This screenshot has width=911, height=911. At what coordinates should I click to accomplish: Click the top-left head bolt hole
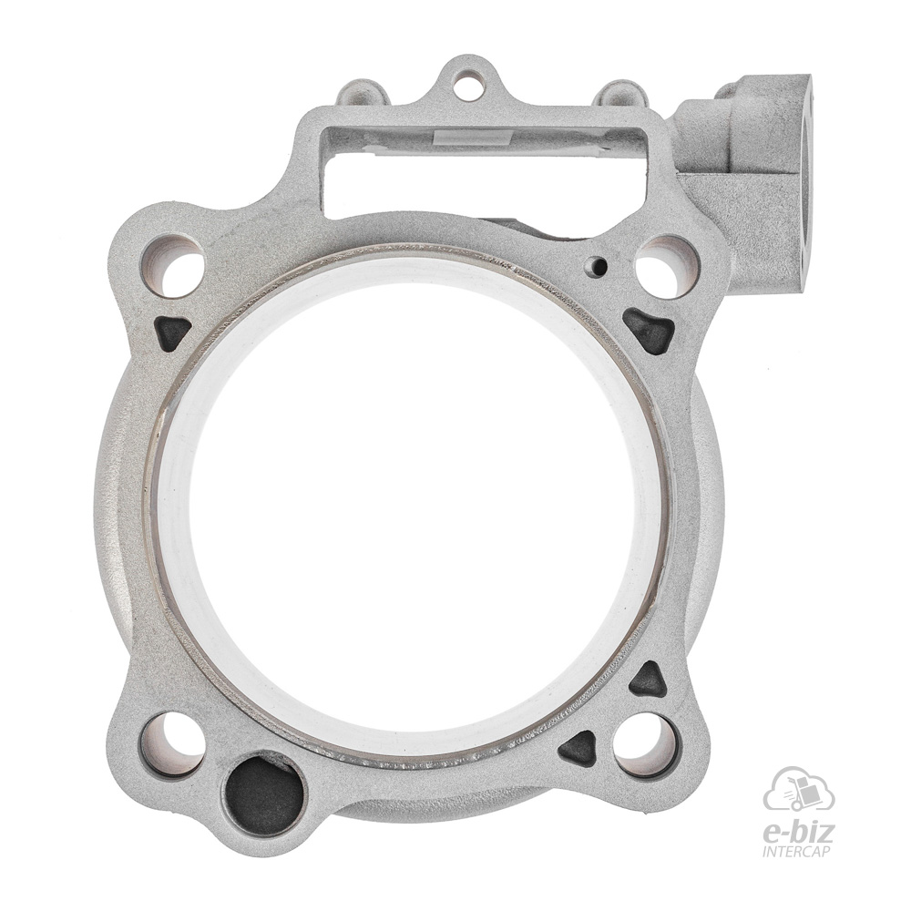pos(174,265)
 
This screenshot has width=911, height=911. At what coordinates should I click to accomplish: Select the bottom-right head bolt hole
pos(646,746)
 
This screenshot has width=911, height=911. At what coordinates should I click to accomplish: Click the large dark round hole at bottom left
pos(264,793)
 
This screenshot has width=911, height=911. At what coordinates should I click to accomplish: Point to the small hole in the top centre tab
pos(467,79)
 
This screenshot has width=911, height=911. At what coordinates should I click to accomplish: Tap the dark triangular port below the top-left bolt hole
pos(172,333)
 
